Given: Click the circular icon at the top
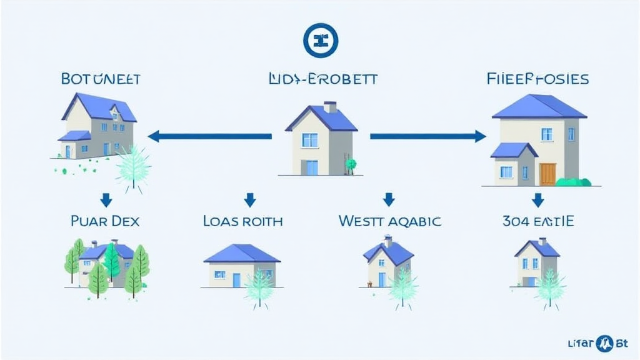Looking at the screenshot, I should [320, 41].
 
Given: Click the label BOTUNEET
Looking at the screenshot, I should [101, 79].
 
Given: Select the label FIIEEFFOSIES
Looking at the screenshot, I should [537, 79].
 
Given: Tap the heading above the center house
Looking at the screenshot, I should [322, 79].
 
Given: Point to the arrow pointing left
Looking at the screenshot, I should [209, 136].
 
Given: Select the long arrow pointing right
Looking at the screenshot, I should [428, 136].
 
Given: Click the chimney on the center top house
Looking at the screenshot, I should [330, 107].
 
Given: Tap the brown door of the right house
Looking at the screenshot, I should [547, 174].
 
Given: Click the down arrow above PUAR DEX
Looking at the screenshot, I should [106, 200].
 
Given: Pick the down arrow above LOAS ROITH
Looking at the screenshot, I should [250, 200].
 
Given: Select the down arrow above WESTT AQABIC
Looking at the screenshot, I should [389, 200].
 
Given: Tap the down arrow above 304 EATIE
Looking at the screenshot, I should [537, 200].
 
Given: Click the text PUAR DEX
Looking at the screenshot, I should [106, 221].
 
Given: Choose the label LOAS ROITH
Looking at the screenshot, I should [243, 221].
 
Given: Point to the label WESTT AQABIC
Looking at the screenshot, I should [389, 221].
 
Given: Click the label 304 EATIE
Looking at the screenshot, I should [537, 221].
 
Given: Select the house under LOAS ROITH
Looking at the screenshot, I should [241, 267].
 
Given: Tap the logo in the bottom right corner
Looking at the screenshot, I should [604, 342].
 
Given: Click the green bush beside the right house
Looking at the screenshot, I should [573, 182].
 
